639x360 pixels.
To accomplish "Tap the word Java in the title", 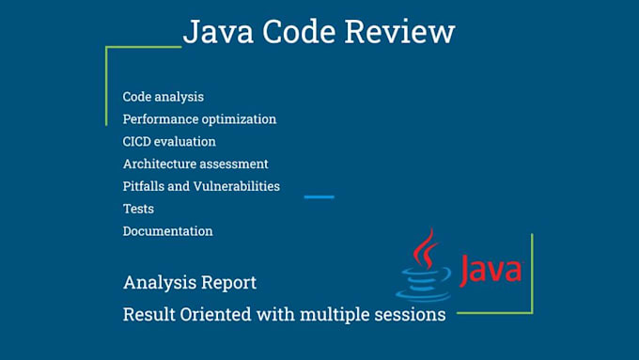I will click(x=215, y=32).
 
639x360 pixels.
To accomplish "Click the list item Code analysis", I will click(x=163, y=97).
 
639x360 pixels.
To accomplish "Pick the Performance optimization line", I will click(x=199, y=119).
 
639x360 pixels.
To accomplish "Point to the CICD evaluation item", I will click(x=169, y=142).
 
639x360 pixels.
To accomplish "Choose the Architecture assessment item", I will click(x=195, y=164).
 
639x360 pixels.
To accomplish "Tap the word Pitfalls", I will click(x=144, y=186).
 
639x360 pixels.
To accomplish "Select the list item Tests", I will click(x=138, y=209).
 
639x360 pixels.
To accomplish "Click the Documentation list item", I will click(x=167, y=231).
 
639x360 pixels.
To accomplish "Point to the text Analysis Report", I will click(x=189, y=282).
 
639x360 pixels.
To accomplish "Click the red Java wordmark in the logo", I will click(x=490, y=270).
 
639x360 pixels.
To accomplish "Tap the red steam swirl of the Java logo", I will click(x=428, y=249).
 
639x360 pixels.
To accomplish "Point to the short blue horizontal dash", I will click(x=319, y=196).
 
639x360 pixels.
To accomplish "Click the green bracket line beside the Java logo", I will click(x=532, y=273).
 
